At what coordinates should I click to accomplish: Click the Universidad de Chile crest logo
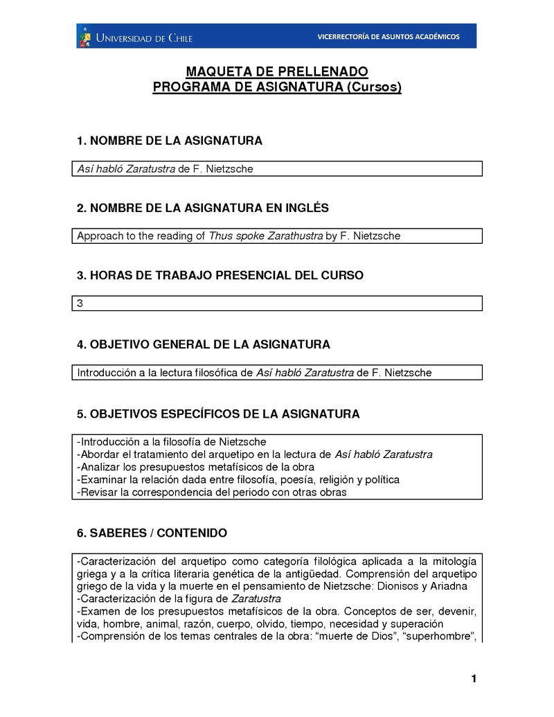coord(84,36)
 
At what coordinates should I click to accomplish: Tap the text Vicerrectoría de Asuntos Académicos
coord(388,37)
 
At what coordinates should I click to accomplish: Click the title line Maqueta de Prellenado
coord(277,72)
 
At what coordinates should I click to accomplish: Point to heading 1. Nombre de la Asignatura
coord(170,141)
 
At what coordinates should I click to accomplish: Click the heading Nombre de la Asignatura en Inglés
coord(203,208)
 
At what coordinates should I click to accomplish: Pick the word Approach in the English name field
coord(97,236)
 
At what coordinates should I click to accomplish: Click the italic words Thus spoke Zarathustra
coord(265,236)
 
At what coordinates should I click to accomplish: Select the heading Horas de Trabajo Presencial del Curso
coord(220,275)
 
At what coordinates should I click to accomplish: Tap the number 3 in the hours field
coord(80,303)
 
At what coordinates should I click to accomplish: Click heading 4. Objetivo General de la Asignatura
coord(204,344)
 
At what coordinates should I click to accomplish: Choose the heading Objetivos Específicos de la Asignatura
coord(218,414)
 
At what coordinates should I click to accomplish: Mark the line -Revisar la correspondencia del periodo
coord(211,493)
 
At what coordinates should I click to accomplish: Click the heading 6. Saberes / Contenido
coord(152,533)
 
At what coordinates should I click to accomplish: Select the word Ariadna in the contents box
coord(449,585)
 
